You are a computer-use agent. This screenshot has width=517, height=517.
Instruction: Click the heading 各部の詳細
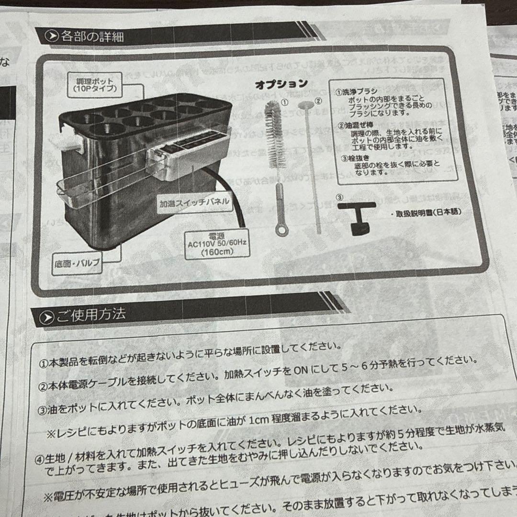(90, 36)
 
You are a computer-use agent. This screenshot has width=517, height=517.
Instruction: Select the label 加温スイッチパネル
(194, 202)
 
